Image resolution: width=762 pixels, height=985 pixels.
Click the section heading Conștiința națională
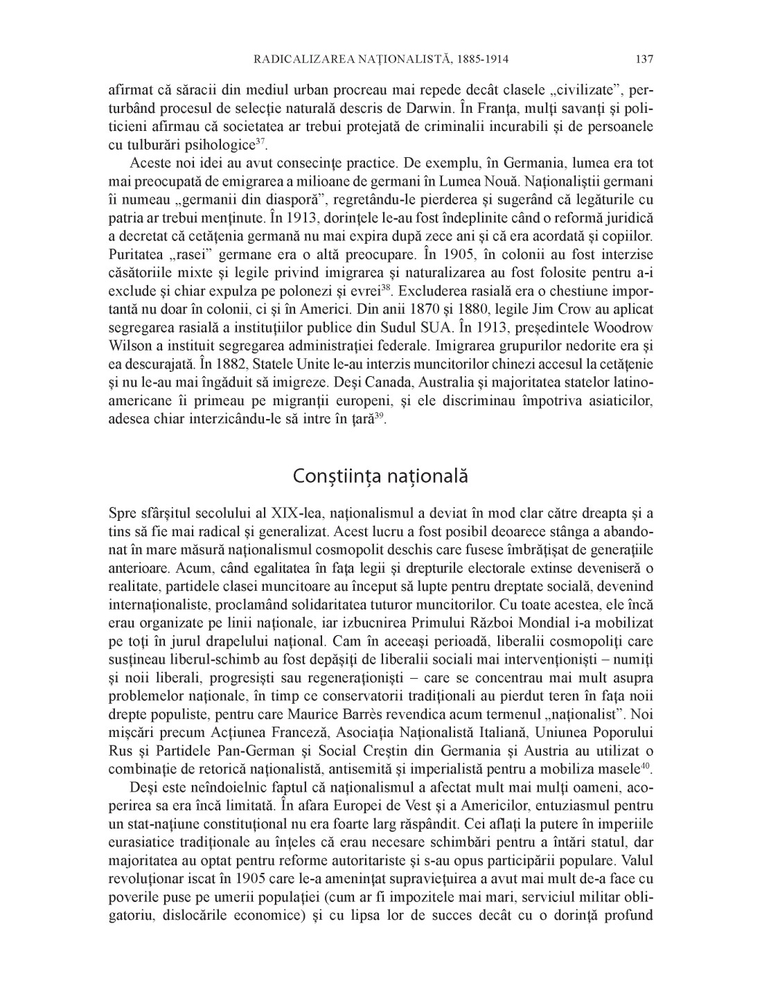click(380, 477)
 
